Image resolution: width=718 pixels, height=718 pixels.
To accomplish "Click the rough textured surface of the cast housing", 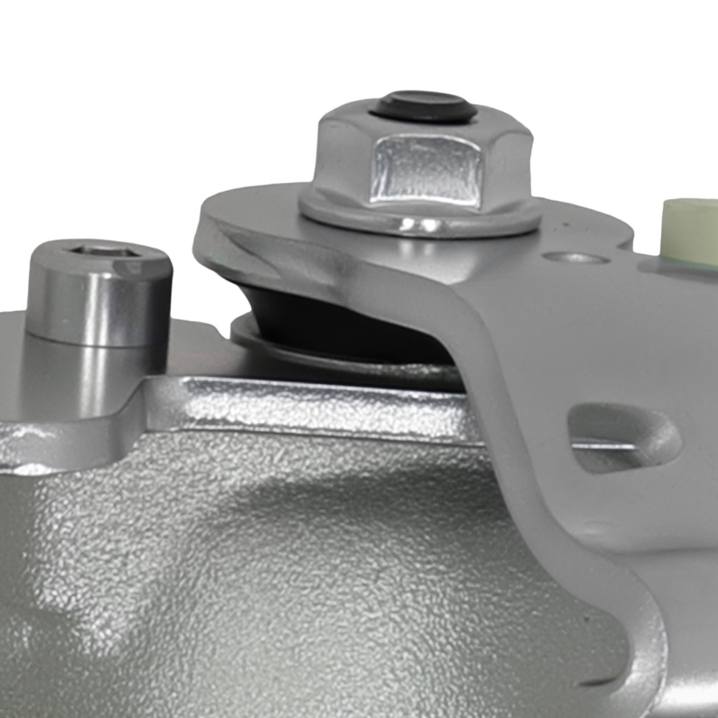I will tap(287, 574).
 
